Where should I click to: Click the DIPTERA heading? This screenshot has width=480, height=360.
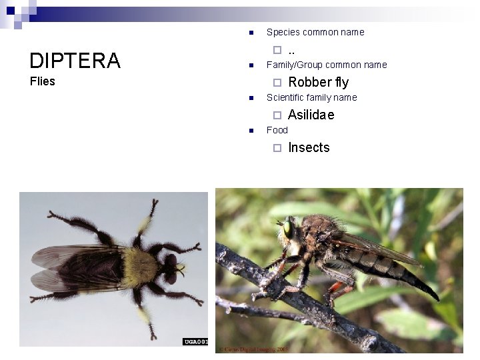tap(75, 61)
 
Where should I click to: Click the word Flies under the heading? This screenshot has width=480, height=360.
tap(43, 81)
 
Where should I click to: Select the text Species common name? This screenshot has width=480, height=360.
tap(315, 32)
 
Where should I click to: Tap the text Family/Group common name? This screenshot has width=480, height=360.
tap(326, 65)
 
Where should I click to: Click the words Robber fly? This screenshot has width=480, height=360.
tap(318, 82)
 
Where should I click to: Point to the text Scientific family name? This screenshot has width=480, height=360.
tap(311, 97)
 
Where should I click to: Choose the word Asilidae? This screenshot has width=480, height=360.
tap(311, 115)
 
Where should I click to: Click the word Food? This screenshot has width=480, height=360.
tap(277, 130)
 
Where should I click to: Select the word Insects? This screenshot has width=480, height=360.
tap(309, 147)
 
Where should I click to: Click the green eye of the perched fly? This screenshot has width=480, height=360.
tap(288, 229)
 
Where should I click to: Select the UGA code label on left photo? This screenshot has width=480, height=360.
tap(195, 341)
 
